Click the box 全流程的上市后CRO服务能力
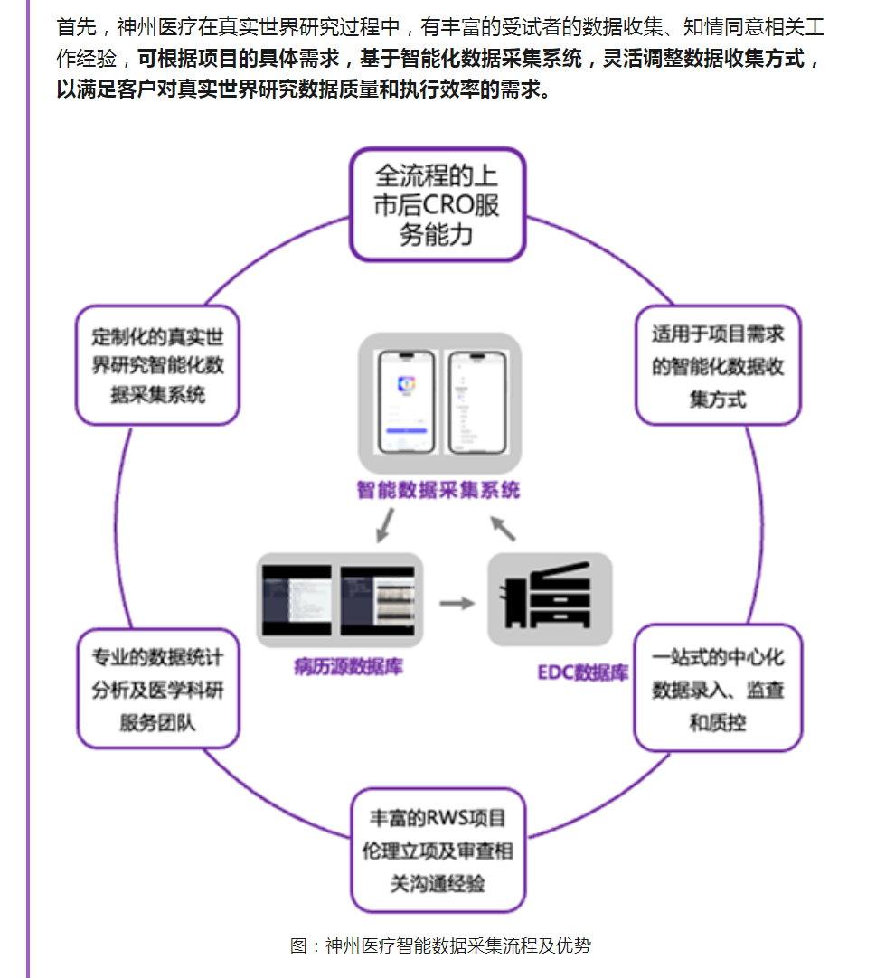click(x=438, y=205)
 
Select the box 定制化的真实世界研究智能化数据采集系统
click(x=157, y=365)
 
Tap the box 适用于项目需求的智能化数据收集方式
click(x=718, y=366)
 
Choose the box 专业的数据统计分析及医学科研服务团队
click(x=157, y=689)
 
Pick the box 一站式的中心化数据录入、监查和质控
click(x=718, y=689)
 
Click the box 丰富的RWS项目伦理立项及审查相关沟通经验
click(x=438, y=850)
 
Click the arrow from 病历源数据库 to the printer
click(x=457, y=602)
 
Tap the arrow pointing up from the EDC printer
click(x=502, y=526)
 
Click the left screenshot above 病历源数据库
click(x=297, y=600)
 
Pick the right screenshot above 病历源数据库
click(x=378, y=600)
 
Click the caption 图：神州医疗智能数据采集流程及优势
click(x=440, y=946)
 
